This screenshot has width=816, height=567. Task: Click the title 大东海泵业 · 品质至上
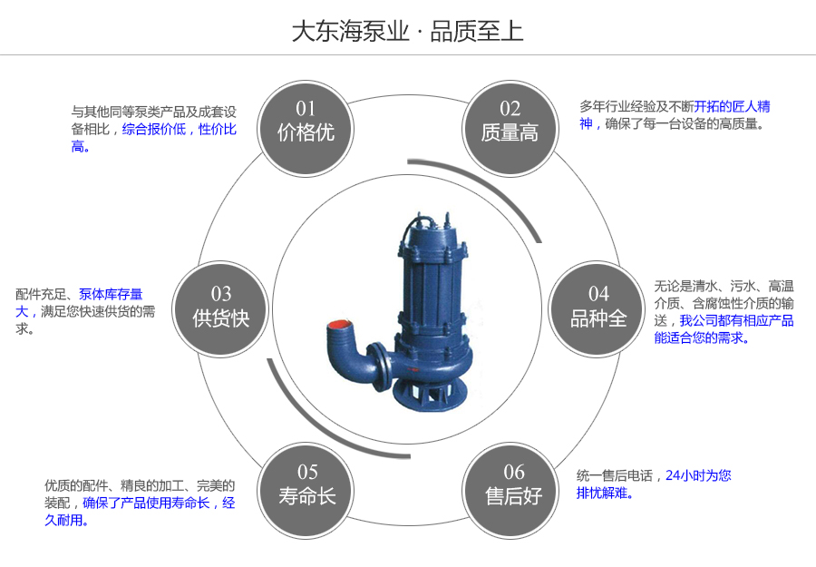pos(407,32)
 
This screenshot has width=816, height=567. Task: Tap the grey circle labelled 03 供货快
pos(220,307)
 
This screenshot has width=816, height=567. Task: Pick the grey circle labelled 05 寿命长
pos(306,485)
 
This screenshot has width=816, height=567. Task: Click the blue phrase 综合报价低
pos(153,130)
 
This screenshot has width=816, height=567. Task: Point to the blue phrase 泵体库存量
pos(111,294)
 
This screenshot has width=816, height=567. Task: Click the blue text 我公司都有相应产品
pos(737,320)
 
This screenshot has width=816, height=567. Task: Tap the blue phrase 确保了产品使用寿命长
pos(146,503)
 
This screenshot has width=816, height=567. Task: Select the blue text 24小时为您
pos(698,475)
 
